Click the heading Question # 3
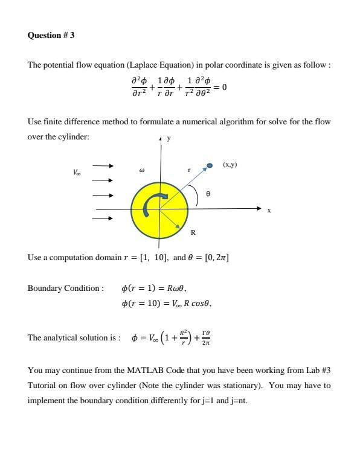[51, 36]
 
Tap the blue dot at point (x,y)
[210, 165]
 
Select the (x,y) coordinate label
[230, 164]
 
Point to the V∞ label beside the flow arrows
[76, 172]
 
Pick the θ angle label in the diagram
[208, 194]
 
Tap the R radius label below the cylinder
[193, 232]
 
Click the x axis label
[269, 210]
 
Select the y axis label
[169, 139]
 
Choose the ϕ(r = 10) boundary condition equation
[166, 303]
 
